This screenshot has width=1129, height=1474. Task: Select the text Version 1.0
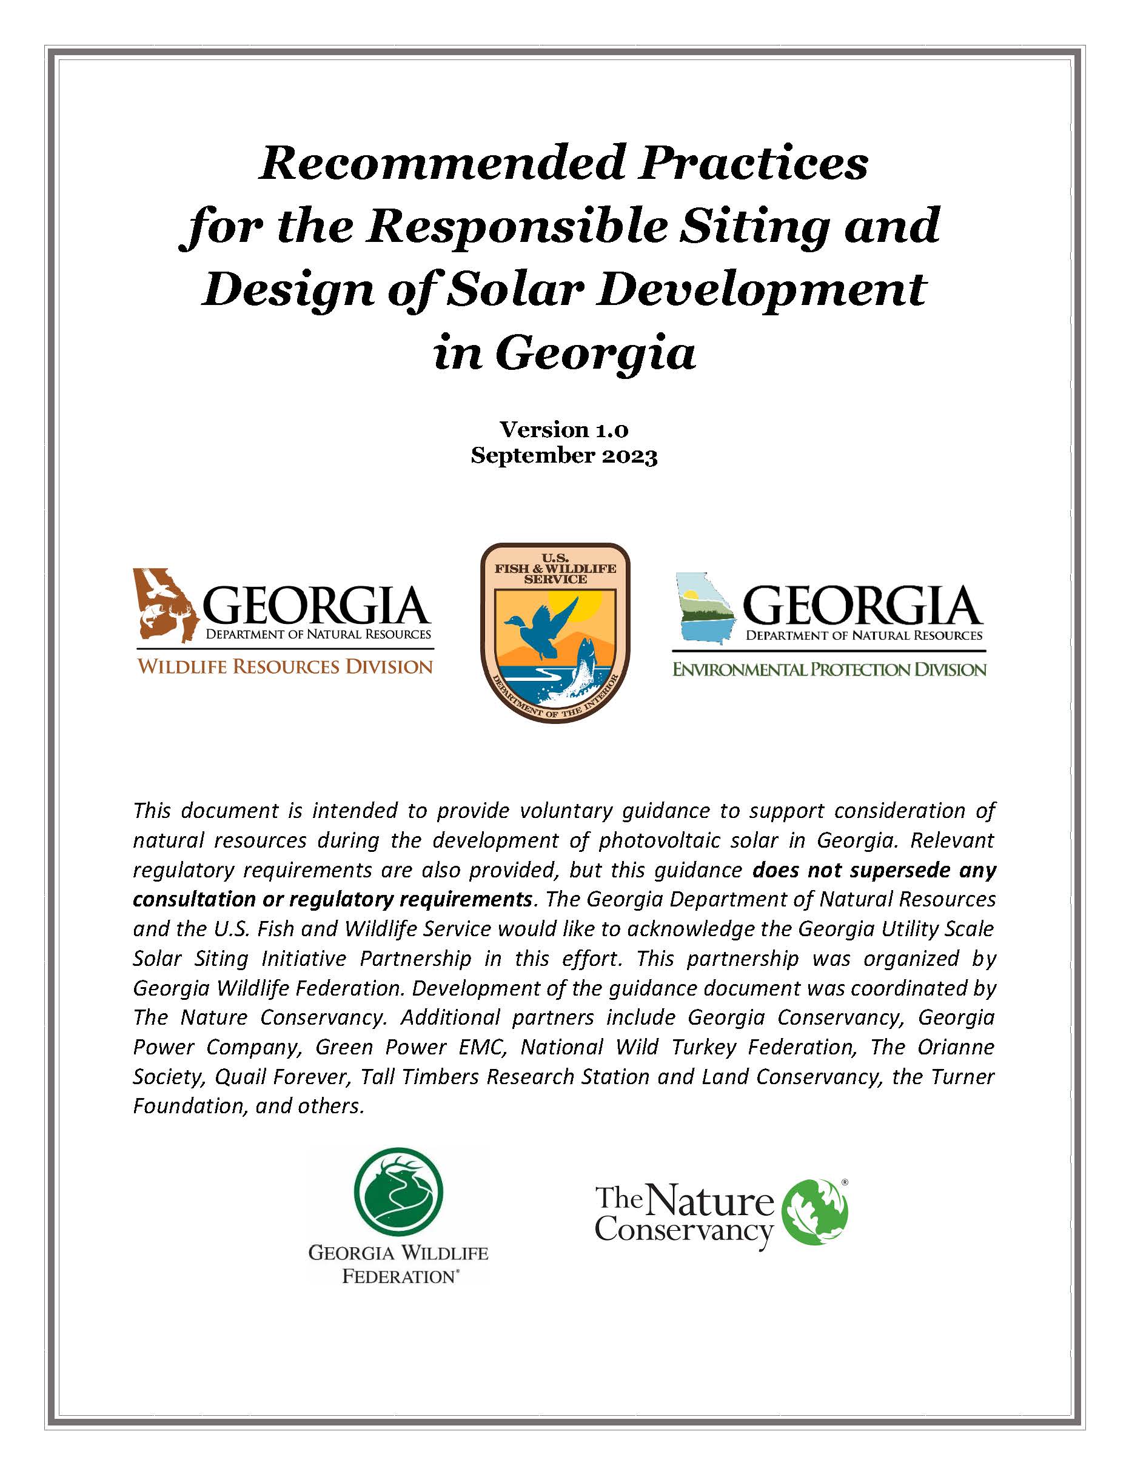(x=563, y=429)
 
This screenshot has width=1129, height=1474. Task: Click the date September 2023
(x=563, y=455)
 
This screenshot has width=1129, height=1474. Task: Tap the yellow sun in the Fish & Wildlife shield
(x=585, y=605)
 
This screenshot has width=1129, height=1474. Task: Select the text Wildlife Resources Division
(x=285, y=666)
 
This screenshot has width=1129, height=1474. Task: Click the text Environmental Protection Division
(x=829, y=669)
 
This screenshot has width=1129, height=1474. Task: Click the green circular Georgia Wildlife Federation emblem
(x=398, y=1193)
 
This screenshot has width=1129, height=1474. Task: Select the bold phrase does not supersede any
(x=874, y=870)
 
